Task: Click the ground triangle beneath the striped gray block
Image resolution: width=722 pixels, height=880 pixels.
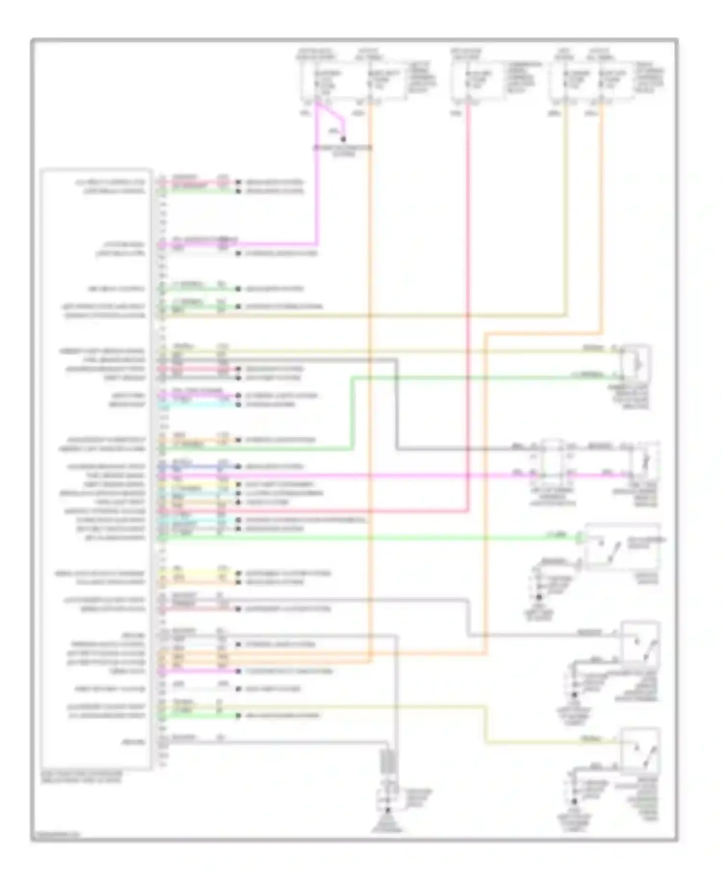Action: pyautogui.click(x=387, y=824)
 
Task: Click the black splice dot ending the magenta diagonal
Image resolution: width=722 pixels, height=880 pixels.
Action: pyautogui.click(x=343, y=139)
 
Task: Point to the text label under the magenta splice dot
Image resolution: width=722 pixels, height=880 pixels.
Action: pyautogui.click(x=342, y=151)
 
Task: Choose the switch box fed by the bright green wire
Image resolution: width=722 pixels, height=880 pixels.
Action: pyautogui.click(x=622, y=546)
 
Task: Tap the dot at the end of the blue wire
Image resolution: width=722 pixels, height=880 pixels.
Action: pyautogui.click(x=238, y=466)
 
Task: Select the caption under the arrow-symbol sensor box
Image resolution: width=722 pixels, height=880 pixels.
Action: pyautogui.click(x=634, y=397)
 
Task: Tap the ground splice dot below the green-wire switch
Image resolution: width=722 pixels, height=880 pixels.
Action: pyautogui.click(x=539, y=597)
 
